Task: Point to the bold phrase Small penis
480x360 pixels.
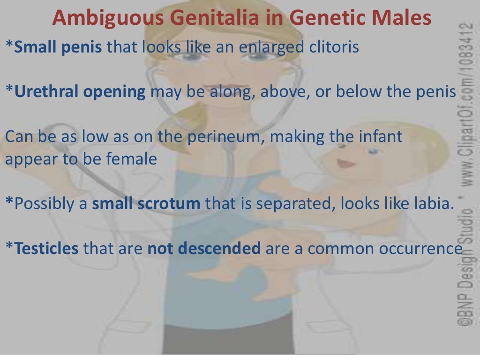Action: click(x=59, y=47)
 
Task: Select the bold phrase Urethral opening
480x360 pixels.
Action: click(x=80, y=92)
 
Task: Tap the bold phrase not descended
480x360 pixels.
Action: click(x=204, y=248)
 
